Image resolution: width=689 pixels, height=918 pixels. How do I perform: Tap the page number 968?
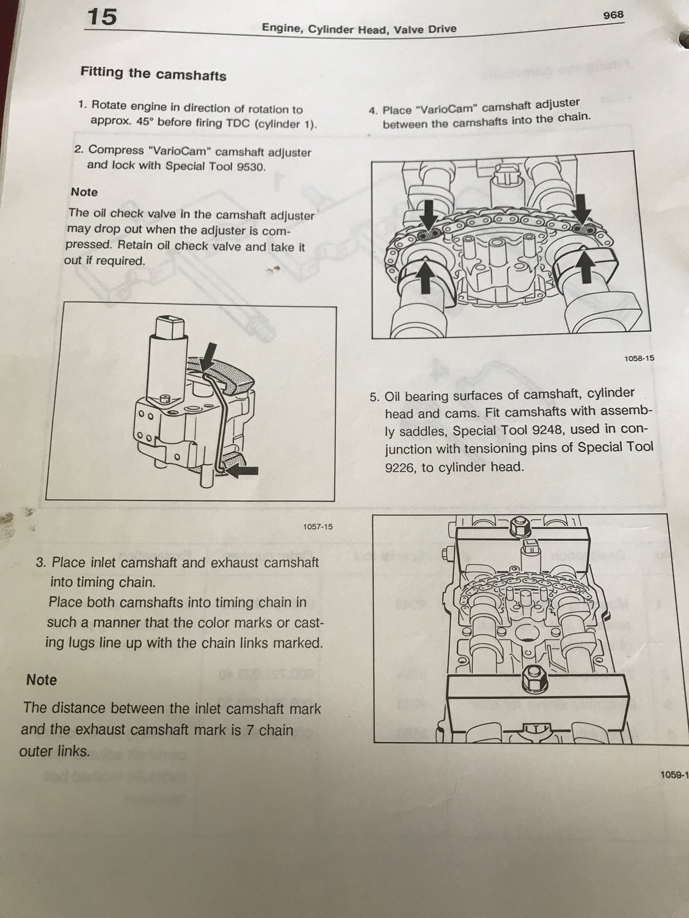click(613, 15)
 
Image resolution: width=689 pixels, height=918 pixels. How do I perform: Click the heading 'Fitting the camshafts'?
click(153, 74)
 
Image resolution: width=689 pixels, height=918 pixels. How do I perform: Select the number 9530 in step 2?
click(250, 167)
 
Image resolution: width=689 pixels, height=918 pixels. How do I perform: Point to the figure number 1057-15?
click(318, 527)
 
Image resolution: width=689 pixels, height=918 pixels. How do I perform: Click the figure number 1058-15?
click(639, 358)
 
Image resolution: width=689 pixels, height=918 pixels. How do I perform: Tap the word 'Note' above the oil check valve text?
click(84, 192)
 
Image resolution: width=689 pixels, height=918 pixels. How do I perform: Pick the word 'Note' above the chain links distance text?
click(42, 679)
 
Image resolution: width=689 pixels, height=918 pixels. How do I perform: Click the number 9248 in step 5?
click(544, 430)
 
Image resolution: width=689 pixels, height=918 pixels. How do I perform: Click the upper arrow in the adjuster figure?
click(208, 356)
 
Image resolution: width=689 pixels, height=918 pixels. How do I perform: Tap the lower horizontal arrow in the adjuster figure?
click(242, 471)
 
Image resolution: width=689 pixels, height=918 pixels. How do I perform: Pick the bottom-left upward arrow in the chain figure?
click(426, 276)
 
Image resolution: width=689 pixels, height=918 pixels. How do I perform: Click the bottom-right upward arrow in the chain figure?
click(586, 264)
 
